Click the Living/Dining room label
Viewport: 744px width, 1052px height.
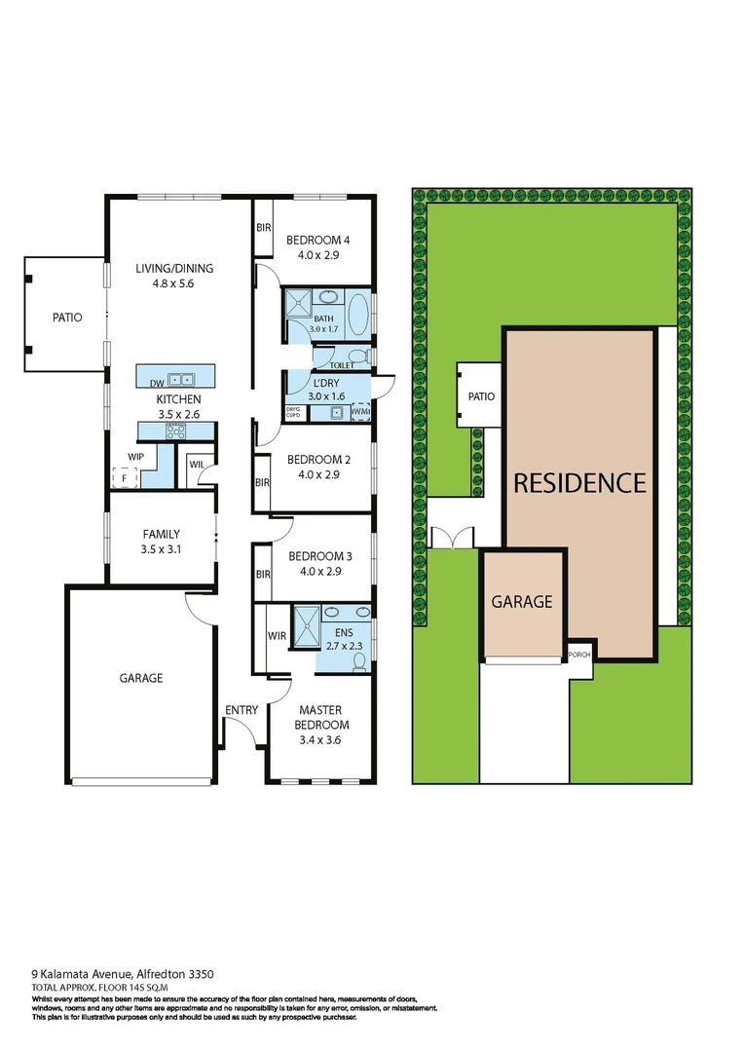point(174,269)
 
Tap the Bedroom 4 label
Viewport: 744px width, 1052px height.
point(316,241)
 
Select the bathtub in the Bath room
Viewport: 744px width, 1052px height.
point(359,315)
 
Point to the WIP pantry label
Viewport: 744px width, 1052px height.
point(135,456)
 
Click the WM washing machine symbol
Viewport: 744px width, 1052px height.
point(360,414)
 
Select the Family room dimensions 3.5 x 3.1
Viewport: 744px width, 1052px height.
point(162,549)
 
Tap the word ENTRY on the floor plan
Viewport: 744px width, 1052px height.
point(241,710)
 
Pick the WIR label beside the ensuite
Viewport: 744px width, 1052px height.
point(277,636)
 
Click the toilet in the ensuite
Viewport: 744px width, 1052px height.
point(359,660)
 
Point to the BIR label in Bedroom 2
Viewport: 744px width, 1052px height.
point(262,482)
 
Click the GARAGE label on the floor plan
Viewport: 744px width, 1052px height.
point(141,678)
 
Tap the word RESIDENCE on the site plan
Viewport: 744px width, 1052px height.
point(579,482)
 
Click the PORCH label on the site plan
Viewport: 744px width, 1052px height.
point(579,655)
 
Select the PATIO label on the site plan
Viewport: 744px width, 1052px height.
point(481,396)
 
